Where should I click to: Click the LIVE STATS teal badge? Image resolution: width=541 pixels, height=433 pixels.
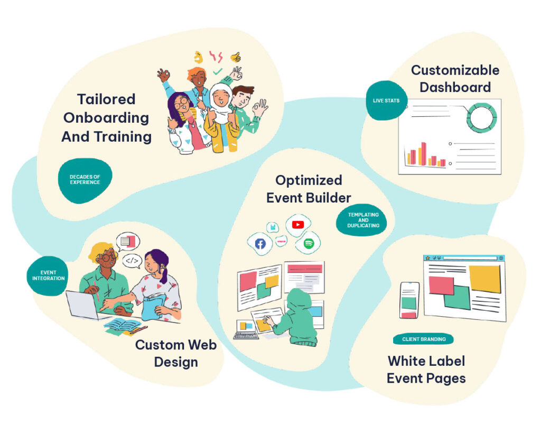tap(386, 100)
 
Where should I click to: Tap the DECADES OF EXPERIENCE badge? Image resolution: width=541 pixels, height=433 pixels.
tap(85, 180)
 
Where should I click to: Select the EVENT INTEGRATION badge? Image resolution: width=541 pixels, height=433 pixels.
tap(48, 275)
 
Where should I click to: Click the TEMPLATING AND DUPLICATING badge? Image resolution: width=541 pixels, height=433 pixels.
tap(363, 220)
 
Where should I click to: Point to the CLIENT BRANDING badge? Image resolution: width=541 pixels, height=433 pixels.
tap(424, 339)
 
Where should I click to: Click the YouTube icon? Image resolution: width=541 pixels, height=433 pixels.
tap(297, 225)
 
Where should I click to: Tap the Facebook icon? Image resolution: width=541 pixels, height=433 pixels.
tap(260, 243)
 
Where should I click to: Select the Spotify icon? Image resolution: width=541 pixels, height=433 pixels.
tap(309, 243)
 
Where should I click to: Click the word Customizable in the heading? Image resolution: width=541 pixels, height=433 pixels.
tap(455, 70)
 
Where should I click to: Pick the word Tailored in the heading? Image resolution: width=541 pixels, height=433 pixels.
tap(106, 99)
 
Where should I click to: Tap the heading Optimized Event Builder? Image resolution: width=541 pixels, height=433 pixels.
tap(309, 189)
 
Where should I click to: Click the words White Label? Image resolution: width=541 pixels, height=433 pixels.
tap(426, 361)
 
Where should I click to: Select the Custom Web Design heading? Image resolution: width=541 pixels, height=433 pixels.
tap(176, 353)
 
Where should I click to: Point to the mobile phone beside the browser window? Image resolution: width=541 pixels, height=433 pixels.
tap(409, 300)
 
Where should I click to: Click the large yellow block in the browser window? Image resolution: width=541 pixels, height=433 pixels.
tap(484, 279)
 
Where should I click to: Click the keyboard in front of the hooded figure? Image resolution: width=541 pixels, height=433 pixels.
tap(246, 335)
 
